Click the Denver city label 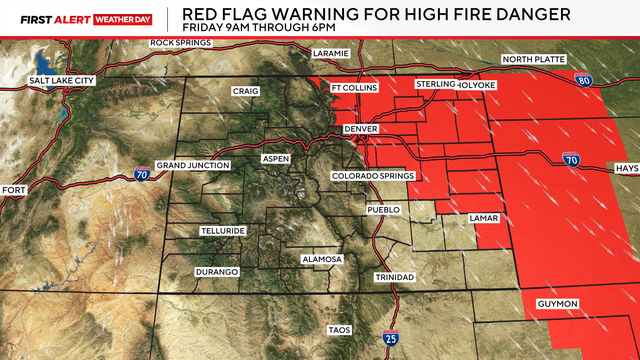363,130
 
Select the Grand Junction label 193,165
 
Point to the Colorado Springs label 372,175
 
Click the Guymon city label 571,303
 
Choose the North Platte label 534,60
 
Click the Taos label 341,329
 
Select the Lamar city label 485,217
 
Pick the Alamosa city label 322,259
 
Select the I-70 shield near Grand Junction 142,175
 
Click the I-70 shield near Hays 571,158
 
